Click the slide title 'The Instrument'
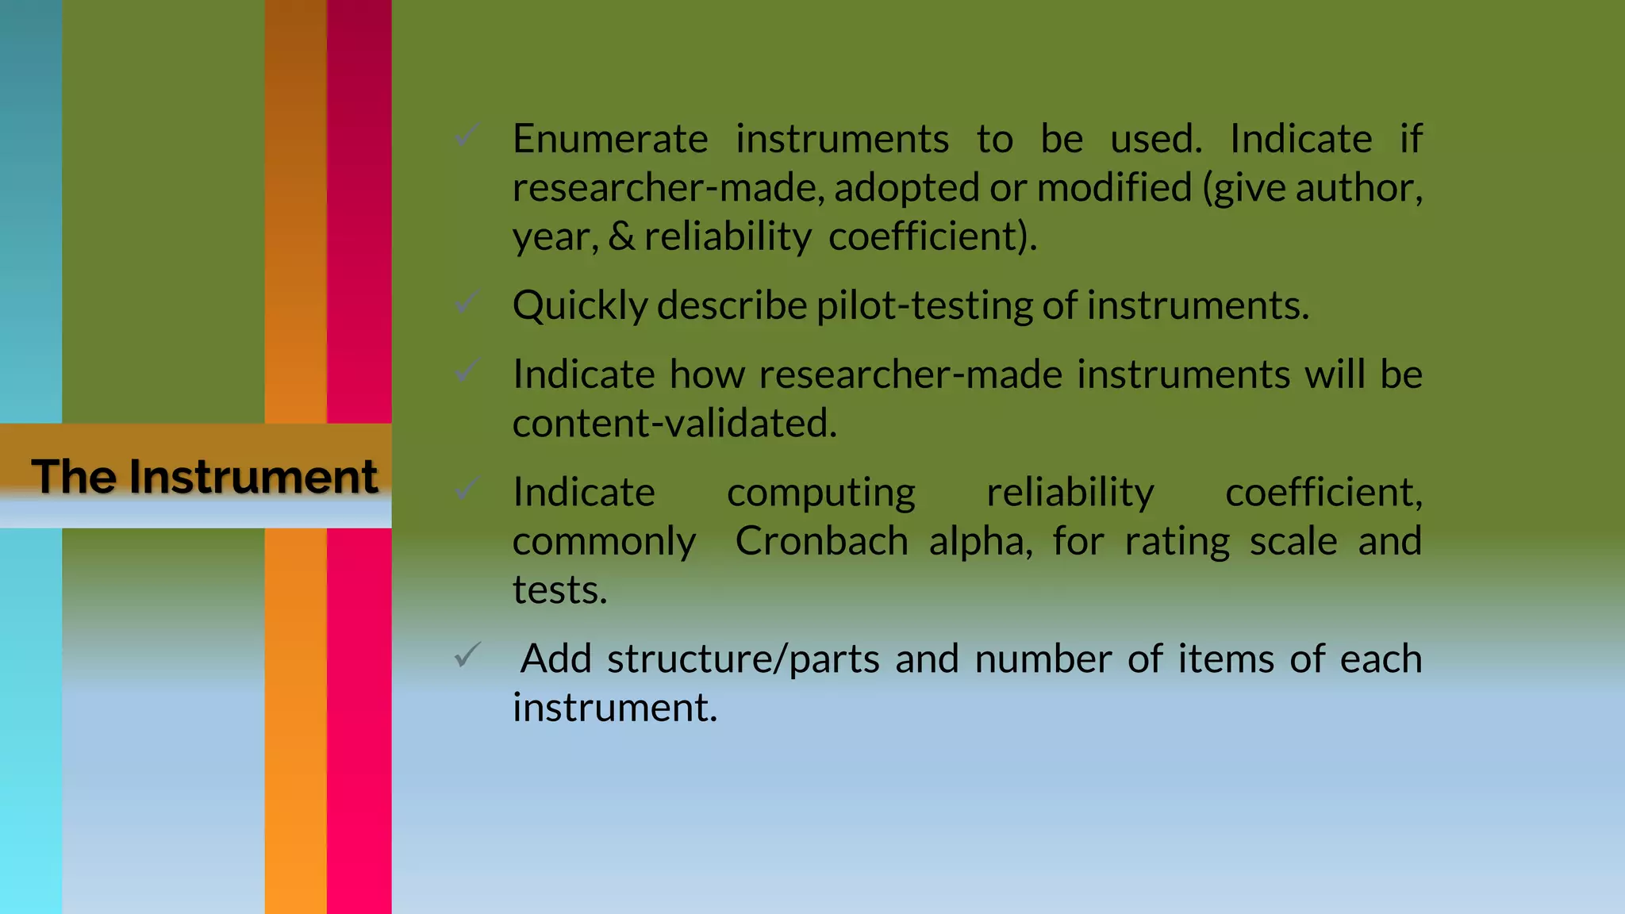205,477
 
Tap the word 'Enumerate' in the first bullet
610,140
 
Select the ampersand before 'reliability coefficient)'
621,236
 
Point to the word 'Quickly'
580,306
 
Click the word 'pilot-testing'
924,306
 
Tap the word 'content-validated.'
674,424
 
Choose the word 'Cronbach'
821,542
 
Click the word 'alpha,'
981,542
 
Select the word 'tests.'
560,590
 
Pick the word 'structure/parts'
743,659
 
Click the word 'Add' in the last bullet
556,659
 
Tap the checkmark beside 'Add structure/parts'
467,655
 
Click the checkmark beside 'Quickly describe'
467,302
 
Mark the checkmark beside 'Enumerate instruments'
467,136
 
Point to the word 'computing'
821,493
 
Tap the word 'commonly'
605,542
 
